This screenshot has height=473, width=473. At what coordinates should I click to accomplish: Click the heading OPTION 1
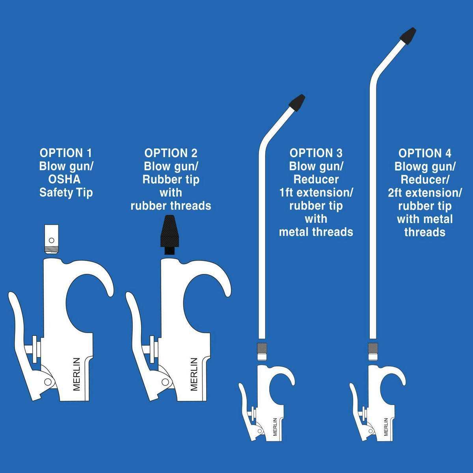[66, 153]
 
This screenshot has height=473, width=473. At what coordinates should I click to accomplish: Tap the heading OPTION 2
[171, 153]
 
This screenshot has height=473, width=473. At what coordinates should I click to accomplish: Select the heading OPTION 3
[316, 153]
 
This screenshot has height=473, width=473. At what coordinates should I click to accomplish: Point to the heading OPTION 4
[425, 153]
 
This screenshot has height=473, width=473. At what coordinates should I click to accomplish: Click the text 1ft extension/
[316, 193]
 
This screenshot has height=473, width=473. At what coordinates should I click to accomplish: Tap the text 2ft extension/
[425, 193]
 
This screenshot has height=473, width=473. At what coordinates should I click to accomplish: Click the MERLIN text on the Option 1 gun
[77, 374]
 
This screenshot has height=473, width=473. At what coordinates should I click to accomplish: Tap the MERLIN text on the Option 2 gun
[194, 374]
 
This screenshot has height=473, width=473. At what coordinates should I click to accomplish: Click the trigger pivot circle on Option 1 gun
[48, 382]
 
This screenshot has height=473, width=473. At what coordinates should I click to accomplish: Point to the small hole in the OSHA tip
[51, 240]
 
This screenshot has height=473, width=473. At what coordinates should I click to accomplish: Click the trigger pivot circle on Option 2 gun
[165, 382]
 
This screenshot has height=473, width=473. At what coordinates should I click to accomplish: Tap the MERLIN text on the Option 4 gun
[386, 427]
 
